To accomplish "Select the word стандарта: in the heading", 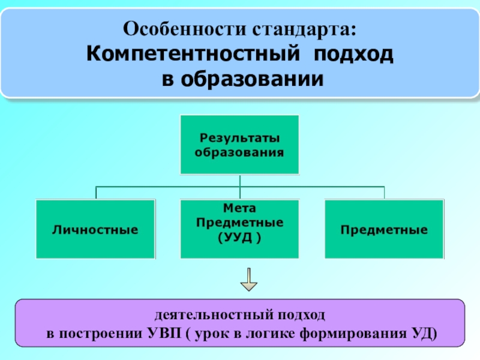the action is [304, 30].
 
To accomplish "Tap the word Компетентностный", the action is [193, 53].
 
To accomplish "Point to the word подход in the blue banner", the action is [353, 55].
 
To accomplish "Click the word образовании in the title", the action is [252, 79].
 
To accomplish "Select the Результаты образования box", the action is [239, 145].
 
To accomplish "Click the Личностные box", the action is [95, 229].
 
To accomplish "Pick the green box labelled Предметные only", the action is [384, 229].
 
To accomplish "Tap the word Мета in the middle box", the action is [239, 208].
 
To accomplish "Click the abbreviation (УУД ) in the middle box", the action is [239, 237].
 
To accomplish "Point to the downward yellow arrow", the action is [248, 280].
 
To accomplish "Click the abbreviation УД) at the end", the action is [424, 334].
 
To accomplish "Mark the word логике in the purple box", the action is [269, 334].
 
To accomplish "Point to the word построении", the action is [100, 334].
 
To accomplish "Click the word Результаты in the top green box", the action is [239, 138].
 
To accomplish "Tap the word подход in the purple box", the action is [302, 315].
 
